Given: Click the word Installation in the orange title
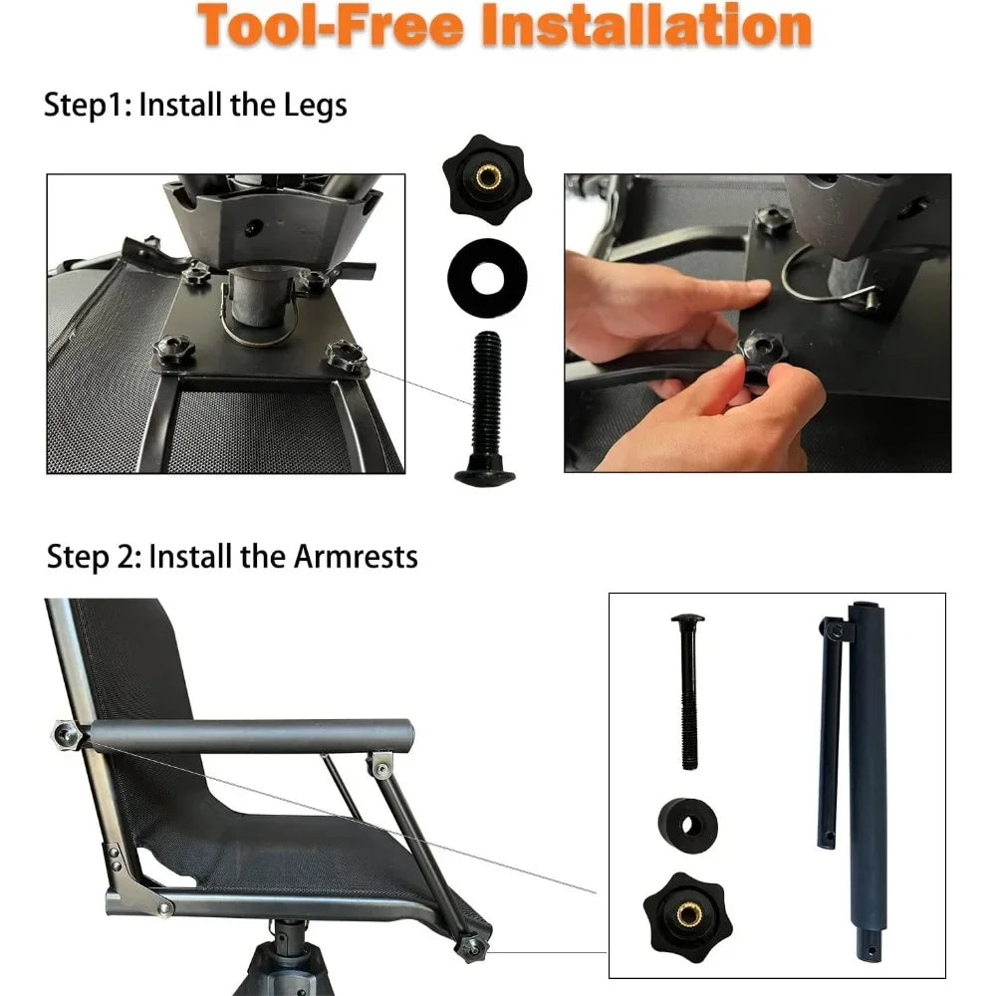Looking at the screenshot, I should (x=645, y=26).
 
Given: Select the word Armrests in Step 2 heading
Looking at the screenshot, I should (x=356, y=557).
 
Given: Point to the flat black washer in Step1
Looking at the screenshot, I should (x=485, y=275).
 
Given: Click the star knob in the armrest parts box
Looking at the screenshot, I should (x=687, y=910).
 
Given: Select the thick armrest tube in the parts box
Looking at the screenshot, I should (x=866, y=787).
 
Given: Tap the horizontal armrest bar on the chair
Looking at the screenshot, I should (x=249, y=736).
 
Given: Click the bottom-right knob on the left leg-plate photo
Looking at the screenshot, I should (x=345, y=356).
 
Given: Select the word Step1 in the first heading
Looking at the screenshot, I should (x=87, y=105).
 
